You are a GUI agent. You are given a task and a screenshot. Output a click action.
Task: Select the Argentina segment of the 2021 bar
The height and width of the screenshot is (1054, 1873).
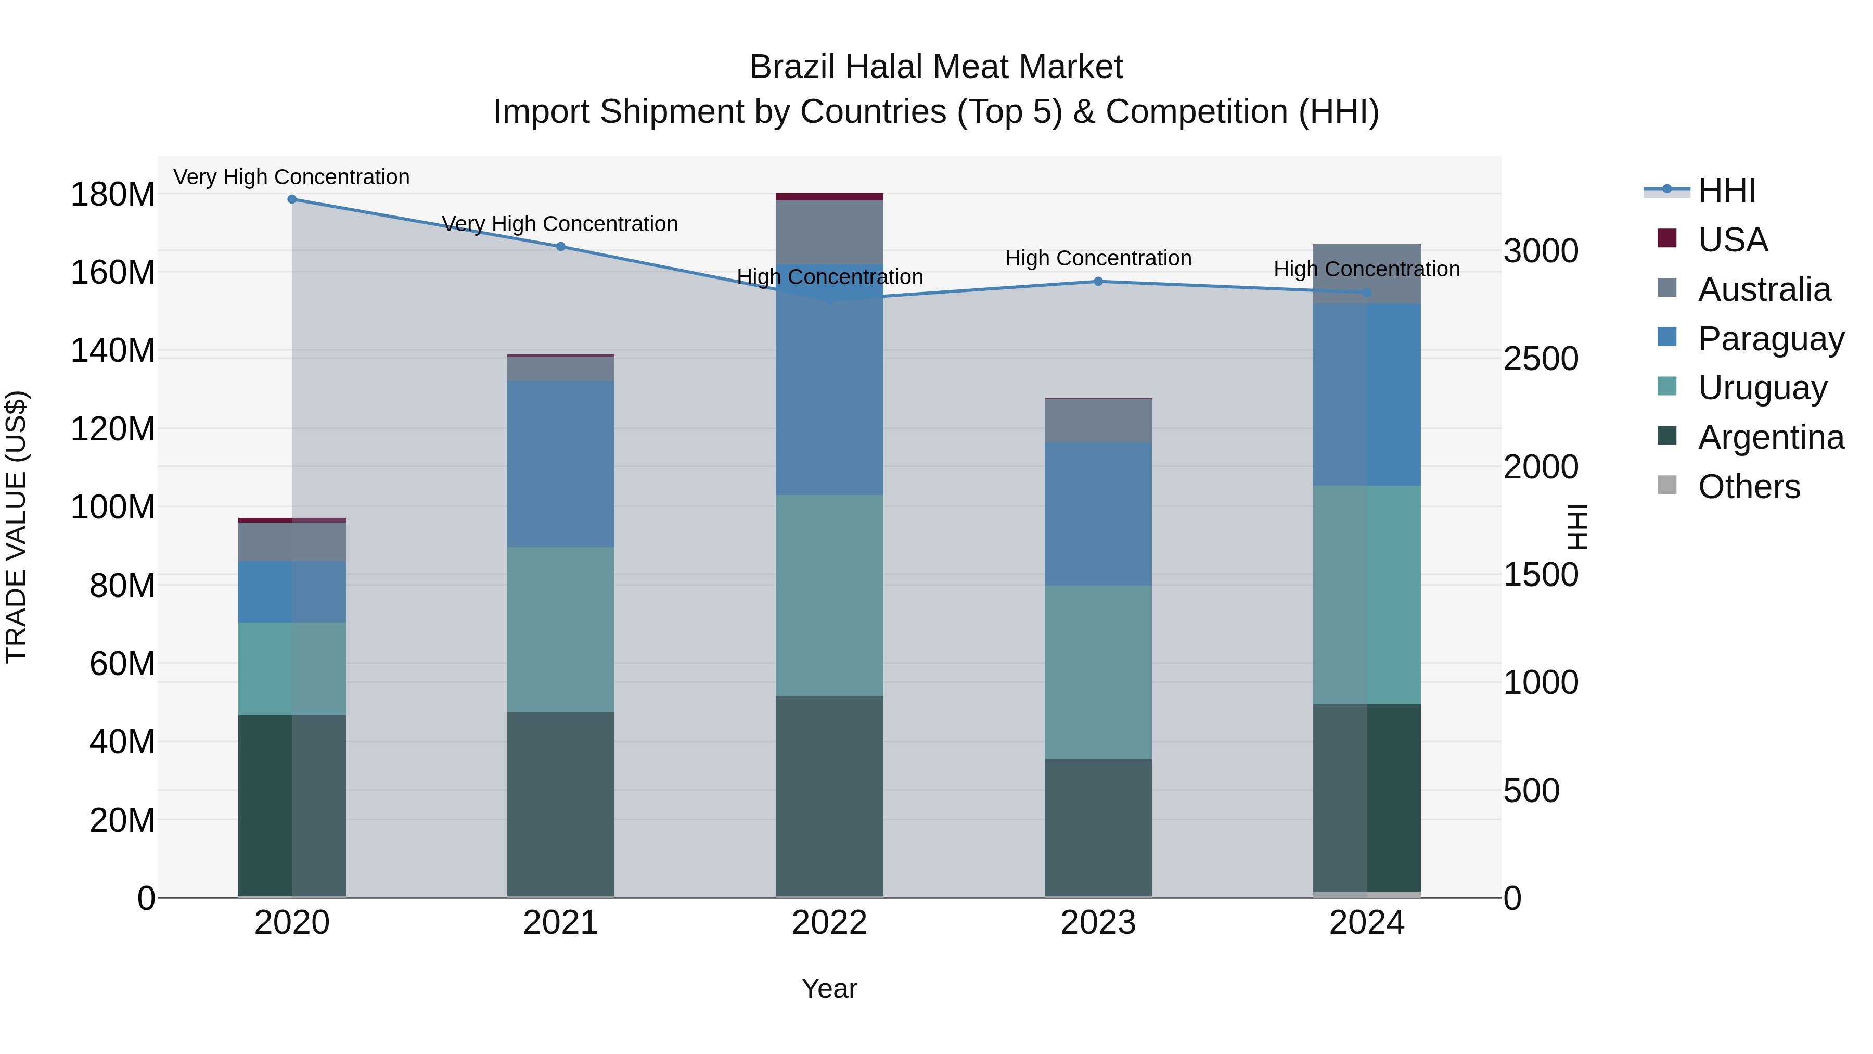(560, 803)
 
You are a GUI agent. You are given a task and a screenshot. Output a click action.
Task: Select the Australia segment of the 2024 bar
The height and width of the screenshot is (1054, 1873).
(1366, 273)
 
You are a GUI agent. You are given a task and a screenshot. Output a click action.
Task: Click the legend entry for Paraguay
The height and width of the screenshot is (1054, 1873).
(1771, 339)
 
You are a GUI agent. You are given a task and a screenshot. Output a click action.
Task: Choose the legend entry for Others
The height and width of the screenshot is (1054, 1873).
(1749, 487)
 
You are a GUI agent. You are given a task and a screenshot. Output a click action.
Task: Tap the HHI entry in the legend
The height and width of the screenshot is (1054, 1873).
(1726, 191)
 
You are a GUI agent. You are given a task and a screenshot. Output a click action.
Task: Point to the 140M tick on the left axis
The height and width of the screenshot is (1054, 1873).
(113, 351)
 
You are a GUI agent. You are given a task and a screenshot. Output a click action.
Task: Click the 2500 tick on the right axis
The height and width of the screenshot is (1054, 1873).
(1541, 359)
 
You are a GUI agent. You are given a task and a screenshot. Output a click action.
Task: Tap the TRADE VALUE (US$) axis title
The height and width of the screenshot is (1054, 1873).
(16, 527)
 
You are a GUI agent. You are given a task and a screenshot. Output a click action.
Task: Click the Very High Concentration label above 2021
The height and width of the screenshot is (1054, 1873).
(560, 223)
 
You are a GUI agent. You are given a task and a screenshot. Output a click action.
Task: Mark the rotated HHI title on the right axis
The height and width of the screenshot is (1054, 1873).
(1576, 527)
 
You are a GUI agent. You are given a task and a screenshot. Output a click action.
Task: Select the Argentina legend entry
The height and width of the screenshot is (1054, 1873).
(1771, 437)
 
